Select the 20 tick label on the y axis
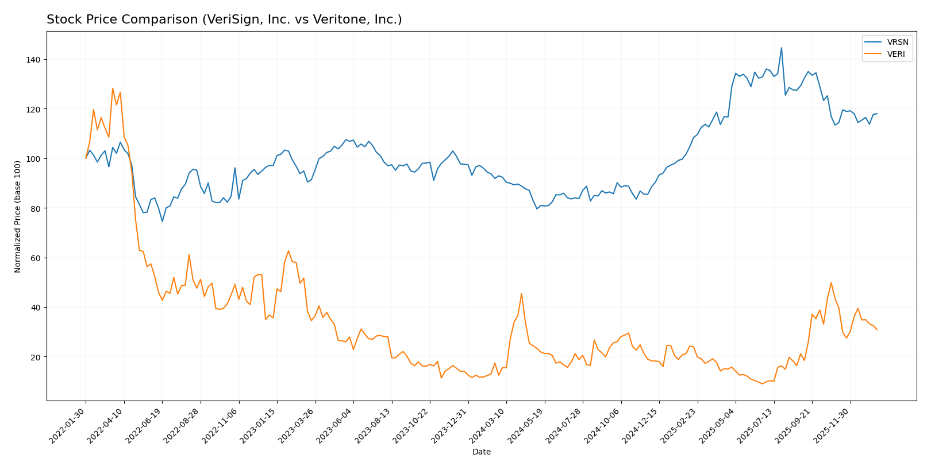36,357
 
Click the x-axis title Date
481,452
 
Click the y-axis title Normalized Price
18,216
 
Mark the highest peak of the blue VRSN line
781,48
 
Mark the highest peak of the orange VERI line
113,88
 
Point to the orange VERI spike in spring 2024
521,294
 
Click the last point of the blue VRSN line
877,114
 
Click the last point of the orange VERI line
877,329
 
